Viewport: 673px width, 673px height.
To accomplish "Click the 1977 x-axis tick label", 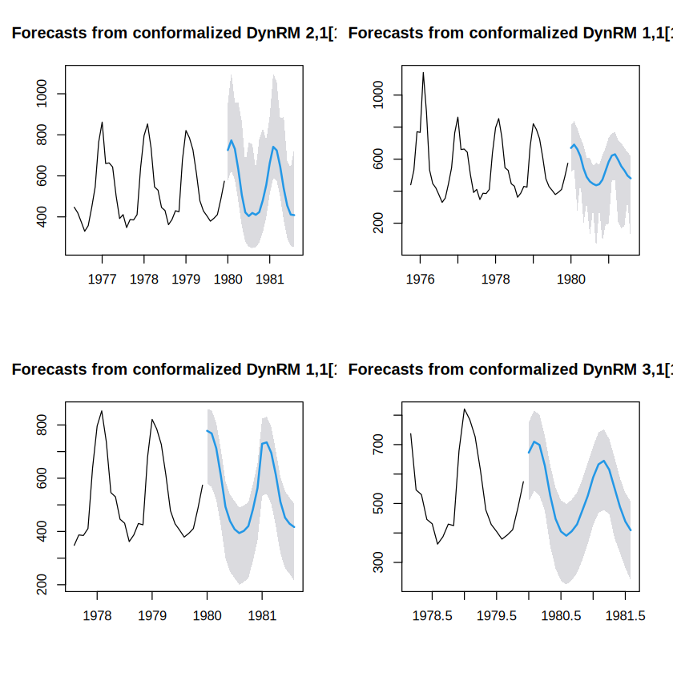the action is coord(103,280).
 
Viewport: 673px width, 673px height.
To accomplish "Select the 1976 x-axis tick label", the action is coord(420,280).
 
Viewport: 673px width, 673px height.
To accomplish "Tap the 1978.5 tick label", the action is coord(432,616).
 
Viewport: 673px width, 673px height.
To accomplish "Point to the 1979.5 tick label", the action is coord(497,616).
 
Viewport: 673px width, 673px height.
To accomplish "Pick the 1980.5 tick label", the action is coord(561,616).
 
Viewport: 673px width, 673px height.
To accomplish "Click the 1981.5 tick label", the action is coord(626,616).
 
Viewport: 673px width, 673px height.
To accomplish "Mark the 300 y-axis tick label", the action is coord(378,562).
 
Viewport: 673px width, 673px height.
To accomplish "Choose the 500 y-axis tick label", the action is coord(378,503).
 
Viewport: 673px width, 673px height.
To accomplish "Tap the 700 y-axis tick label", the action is coord(378,445).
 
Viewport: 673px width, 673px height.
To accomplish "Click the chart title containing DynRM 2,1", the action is coord(174,33).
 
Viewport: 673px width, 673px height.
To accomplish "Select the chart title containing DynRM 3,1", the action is coord(510,369).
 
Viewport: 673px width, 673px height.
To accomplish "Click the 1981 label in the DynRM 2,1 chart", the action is coord(270,280).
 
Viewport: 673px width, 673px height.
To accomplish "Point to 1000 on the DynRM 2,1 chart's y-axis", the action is coord(42,94).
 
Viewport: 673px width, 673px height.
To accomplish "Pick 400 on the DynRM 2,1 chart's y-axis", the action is coord(42,217).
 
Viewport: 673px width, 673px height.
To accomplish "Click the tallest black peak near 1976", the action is coord(423,73).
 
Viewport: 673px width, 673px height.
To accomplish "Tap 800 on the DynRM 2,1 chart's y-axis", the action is coord(42,135).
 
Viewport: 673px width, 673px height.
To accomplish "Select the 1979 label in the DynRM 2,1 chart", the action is coord(186,280).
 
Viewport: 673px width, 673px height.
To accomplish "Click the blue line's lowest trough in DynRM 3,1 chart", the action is coord(566,536).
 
